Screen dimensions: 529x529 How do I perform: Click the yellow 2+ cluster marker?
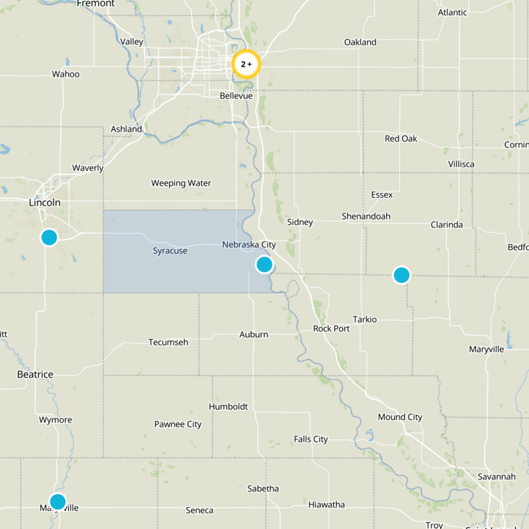click(246, 64)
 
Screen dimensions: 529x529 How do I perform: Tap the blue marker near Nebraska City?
click(264, 264)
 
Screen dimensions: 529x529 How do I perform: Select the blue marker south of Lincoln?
click(49, 237)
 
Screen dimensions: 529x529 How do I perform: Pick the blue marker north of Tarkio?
click(401, 274)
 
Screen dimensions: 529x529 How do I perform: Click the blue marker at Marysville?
click(58, 501)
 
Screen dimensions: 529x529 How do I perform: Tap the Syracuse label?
click(170, 251)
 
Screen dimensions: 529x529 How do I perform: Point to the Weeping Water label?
click(181, 183)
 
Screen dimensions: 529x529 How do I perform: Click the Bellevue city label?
click(236, 96)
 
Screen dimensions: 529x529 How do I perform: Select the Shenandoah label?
click(366, 216)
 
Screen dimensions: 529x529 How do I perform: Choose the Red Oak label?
click(401, 139)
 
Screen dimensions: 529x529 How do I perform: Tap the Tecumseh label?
click(168, 342)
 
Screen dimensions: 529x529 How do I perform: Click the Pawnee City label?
click(178, 424)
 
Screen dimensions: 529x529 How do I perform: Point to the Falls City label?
click(311, 439)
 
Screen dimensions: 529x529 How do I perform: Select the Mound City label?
click(400, 417)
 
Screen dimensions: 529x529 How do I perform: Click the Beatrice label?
click(35, 374)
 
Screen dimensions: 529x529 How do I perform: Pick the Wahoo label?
click(65, 74)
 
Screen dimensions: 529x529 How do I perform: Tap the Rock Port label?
click(331, 329)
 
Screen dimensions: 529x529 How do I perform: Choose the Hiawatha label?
click(326, 505)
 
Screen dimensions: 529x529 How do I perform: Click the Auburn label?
click(254, 335)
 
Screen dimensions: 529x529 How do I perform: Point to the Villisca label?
click(461, 164)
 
